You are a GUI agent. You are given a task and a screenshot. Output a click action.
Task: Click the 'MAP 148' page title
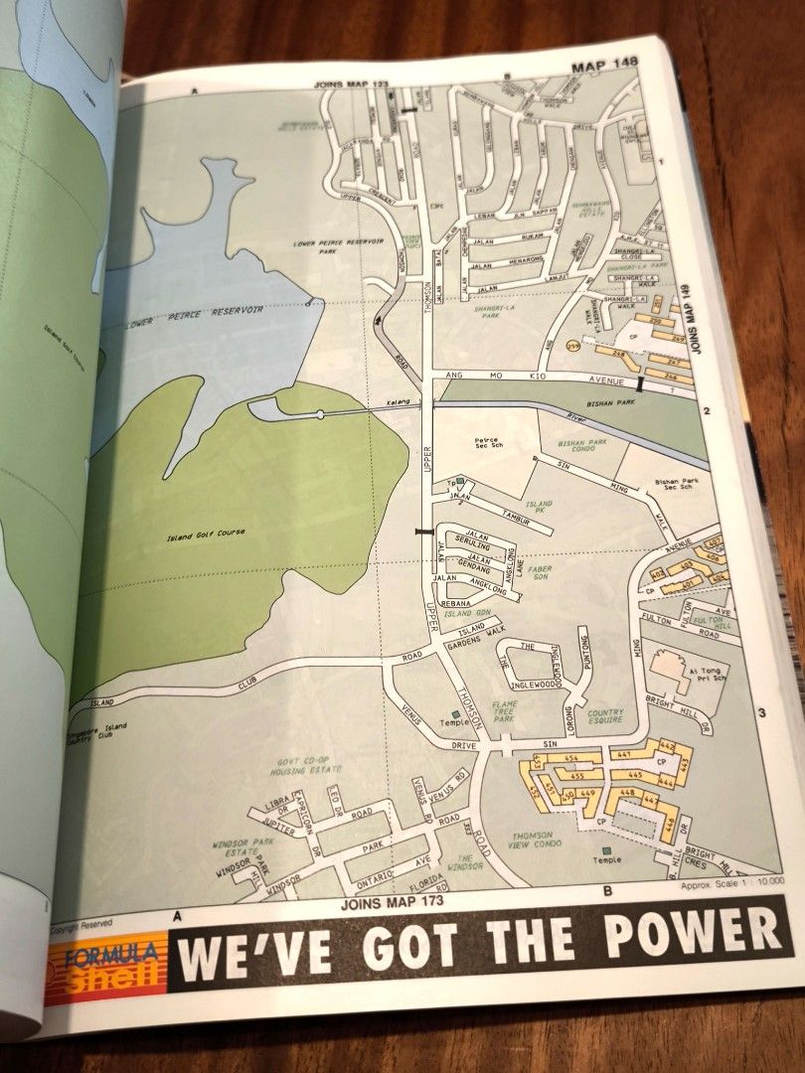coord(605,66)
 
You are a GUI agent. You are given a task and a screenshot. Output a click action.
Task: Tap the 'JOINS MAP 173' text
coord(392,902)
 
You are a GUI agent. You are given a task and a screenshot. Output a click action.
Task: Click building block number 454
coord(570,758)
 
